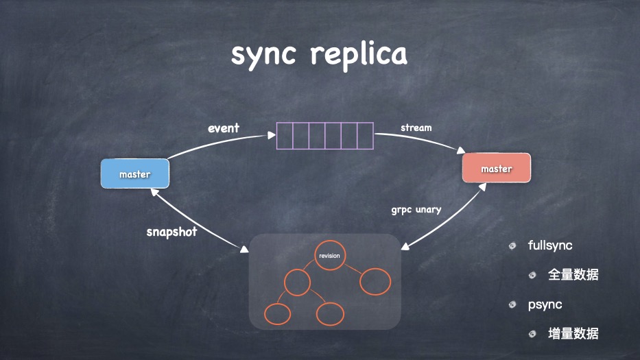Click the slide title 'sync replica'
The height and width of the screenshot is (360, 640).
click(319, 54)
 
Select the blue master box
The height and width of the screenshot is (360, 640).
click(134, 174)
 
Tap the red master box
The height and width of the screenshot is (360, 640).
click(496, 169)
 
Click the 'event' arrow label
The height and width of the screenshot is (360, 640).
click(224, 128)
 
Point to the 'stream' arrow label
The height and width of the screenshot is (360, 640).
click(416, 128)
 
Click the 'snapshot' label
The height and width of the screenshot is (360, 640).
click(171, 232)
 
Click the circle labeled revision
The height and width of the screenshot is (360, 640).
click(328, 256)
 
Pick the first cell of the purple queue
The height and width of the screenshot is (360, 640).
click(285, 136)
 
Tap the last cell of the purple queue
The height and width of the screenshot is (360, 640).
click(365, 136)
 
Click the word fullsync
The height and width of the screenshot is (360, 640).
click(550, 245)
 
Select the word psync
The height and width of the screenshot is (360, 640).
click(545, 304)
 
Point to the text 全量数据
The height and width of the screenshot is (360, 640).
click(573, 275)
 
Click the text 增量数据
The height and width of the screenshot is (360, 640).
click(573, 334)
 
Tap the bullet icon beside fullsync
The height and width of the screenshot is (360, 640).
click(512, 245)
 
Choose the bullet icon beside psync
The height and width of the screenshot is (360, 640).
click(512, 304)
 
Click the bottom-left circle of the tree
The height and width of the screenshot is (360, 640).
click(277, 313)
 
